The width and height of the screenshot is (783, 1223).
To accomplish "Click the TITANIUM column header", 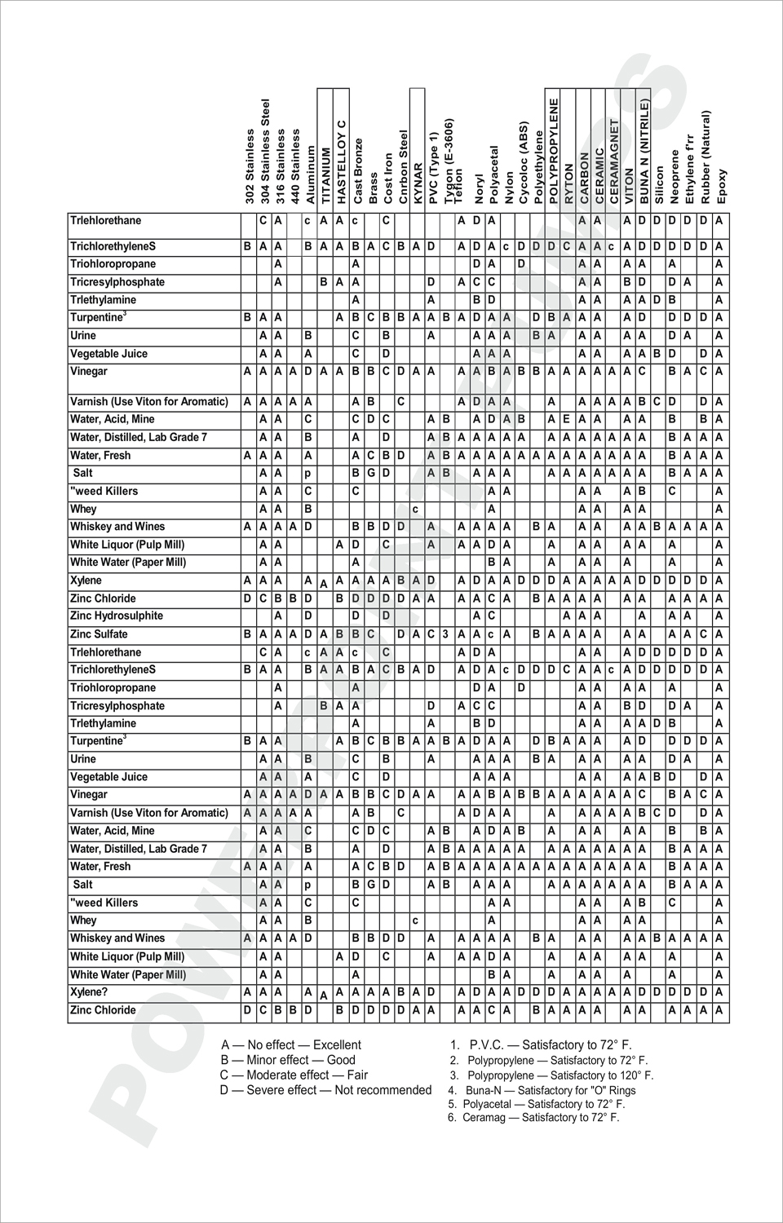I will pyautogui.click(x=326, y=174).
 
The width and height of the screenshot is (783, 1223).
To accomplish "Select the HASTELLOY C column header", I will pyautogui.click(x=342, y=161).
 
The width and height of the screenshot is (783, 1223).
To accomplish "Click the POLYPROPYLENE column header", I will pyautogui.click(x=554, y=151).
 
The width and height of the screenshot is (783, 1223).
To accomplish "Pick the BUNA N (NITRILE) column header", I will pyautogui.click(x=644, y=152).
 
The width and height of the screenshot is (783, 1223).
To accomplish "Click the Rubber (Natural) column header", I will pyautogui.click(x=706, y=157).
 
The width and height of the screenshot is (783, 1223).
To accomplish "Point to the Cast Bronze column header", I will pyautogui.click(x=357, y=170).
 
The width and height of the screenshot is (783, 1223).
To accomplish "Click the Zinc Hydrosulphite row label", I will pyautogui.click(x=117, y=616).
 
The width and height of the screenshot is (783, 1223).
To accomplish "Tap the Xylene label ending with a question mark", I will pyautogui.click(x=89, y=992).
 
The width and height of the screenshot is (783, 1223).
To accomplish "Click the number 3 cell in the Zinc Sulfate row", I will pyautogui.click(x=445, y=634).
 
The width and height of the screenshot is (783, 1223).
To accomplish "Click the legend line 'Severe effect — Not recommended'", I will pyautogui.click(x=325, y=1090).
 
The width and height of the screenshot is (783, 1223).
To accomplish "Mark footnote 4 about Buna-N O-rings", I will pyautogui.click(x=542, y=1090).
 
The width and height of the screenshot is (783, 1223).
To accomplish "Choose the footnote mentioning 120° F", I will pyautogui.click(x=551, y=1075).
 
